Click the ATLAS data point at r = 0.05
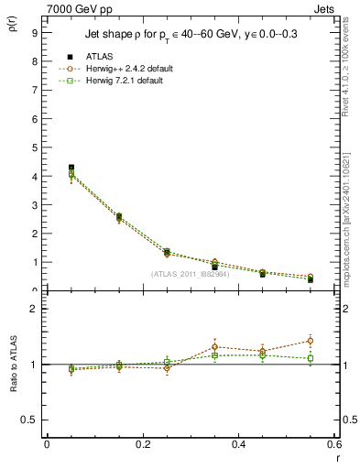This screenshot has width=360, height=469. [71, 168]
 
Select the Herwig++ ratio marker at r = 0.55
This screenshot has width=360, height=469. [311, 341]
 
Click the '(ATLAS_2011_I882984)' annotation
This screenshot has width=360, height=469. [191, 274]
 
